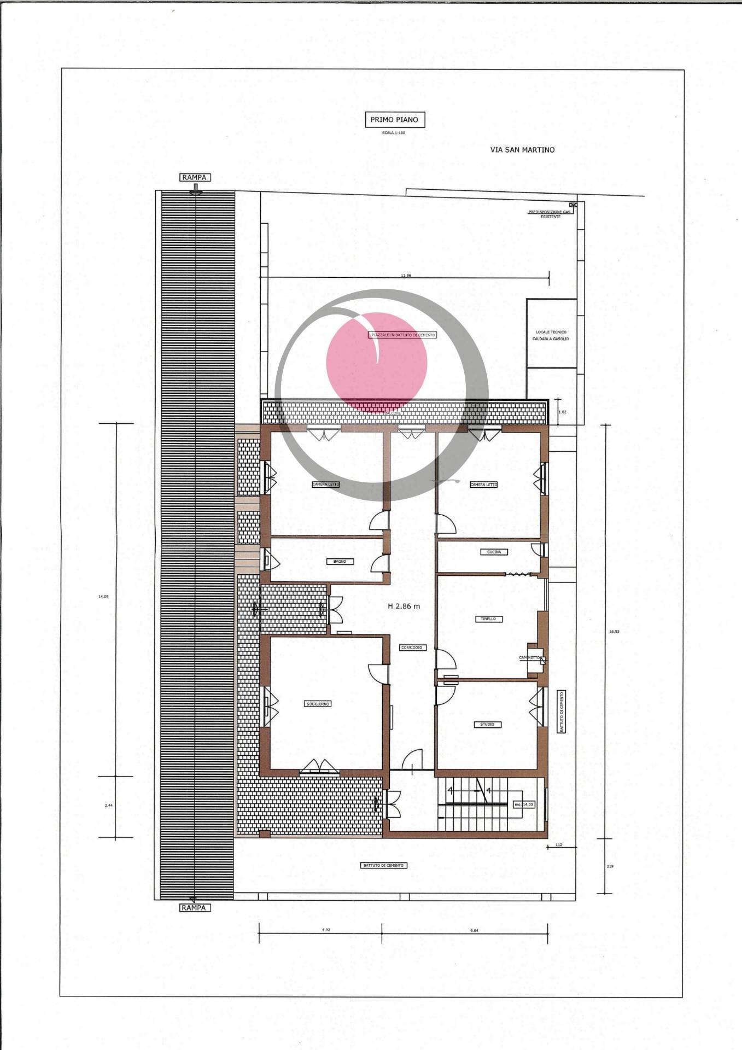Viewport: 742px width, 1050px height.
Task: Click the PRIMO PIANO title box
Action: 394,120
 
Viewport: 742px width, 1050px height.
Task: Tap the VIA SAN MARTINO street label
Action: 522,150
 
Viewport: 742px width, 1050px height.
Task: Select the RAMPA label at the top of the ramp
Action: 195,178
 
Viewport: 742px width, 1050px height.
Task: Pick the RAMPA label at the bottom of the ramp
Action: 195,907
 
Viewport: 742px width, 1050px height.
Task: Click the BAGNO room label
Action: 340,561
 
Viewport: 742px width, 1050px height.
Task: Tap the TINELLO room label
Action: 488,619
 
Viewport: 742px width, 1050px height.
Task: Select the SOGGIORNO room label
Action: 318,704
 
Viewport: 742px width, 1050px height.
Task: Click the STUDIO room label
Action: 487,724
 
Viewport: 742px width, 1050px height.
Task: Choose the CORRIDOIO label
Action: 412,647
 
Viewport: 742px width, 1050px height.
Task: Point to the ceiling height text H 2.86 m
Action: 404,606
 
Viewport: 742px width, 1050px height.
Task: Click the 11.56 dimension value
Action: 406,276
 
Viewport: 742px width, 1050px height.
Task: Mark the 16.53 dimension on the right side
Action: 614,631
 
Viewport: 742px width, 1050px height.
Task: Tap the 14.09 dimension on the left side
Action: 103,597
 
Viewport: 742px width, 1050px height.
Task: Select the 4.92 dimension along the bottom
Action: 326,930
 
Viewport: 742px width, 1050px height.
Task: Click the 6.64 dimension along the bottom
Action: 474,930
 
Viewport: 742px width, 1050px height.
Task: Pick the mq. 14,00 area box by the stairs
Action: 524,804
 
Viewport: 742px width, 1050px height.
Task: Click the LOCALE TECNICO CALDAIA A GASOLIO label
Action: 551,335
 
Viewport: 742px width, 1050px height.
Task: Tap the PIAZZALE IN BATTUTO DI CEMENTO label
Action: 404,335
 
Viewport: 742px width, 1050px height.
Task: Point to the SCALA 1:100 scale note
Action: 394,133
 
